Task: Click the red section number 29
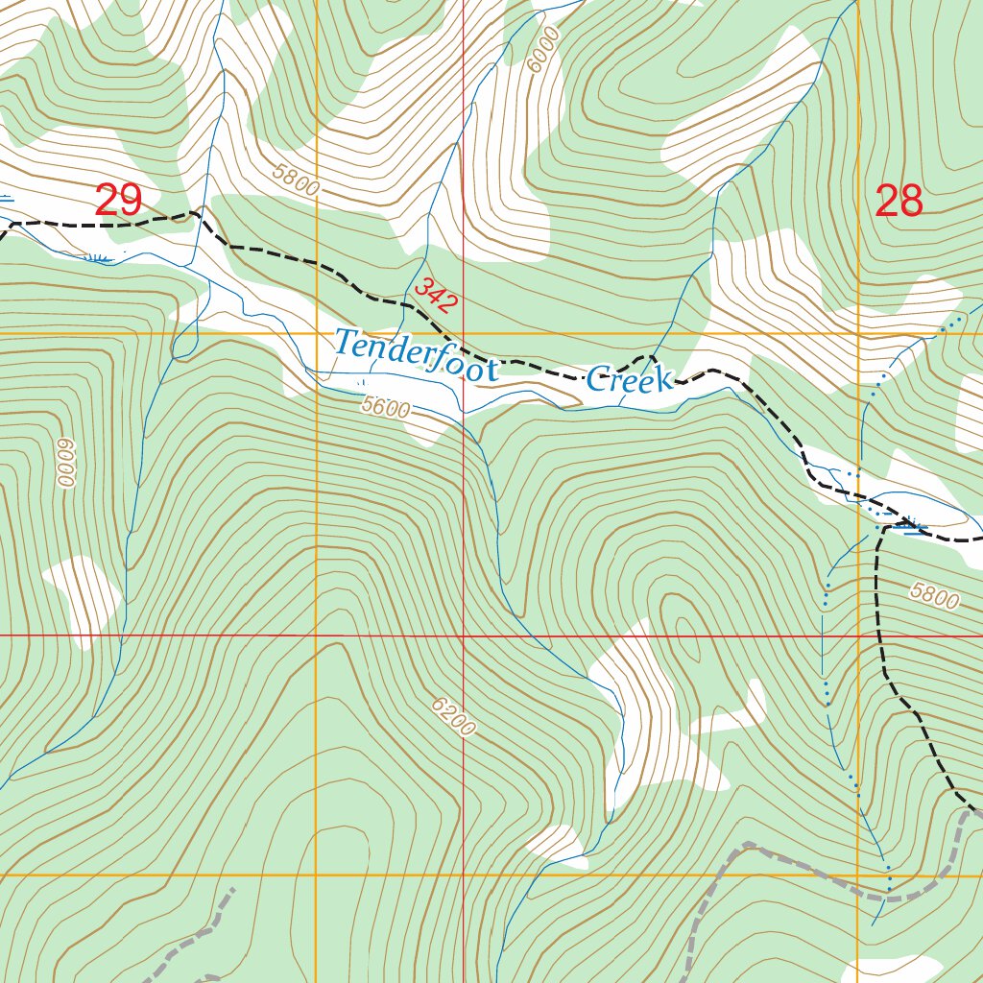click(118, 202)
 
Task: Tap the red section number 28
click(899, 202)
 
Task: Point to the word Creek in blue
click(630, 379)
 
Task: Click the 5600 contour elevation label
click(386, 407)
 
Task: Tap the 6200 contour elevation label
click(453, 717)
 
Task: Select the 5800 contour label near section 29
click(295, 180)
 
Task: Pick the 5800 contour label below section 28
click(934, 596)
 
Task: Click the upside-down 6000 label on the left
click(65, 464)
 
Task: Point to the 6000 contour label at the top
click(542, 50)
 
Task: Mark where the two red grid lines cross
click(463, 635)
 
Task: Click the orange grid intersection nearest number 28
click(857, 334)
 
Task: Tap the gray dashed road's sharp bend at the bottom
click(746, 845)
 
